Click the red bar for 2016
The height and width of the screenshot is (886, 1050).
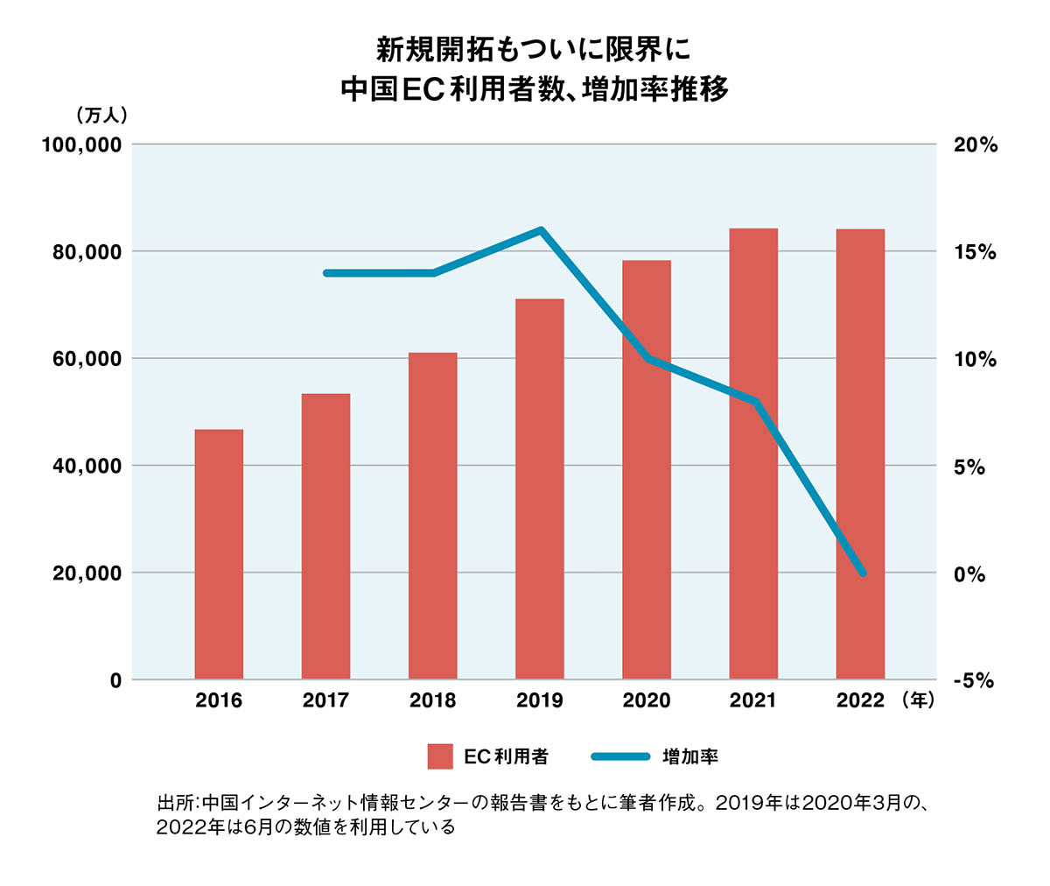[x=219, y=553]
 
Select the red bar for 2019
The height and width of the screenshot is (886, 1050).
[x=540, y=489]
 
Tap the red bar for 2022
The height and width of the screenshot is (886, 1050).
[x=860, y=454]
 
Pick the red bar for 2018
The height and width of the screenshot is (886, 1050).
[x=432, y=516]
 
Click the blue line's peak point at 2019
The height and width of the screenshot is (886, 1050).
[x=541, y=230]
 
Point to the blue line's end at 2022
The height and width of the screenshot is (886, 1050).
[x=862, y=573]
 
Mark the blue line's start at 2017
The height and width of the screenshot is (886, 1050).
[x=326, y=273]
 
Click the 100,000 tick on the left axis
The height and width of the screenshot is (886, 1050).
[x=81, y=144]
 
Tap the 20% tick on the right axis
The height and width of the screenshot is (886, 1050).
[x=975, y=145]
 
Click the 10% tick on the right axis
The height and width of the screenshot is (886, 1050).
[x=975, y=360]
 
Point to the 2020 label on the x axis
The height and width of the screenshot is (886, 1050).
[x=647, y=700]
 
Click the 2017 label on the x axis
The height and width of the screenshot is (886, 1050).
[x=325, y=700]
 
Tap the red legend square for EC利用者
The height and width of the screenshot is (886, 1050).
[x=440, y=756]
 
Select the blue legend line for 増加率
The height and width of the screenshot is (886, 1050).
[x=620, y=756]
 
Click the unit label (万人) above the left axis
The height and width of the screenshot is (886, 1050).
[x=103, y=115]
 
